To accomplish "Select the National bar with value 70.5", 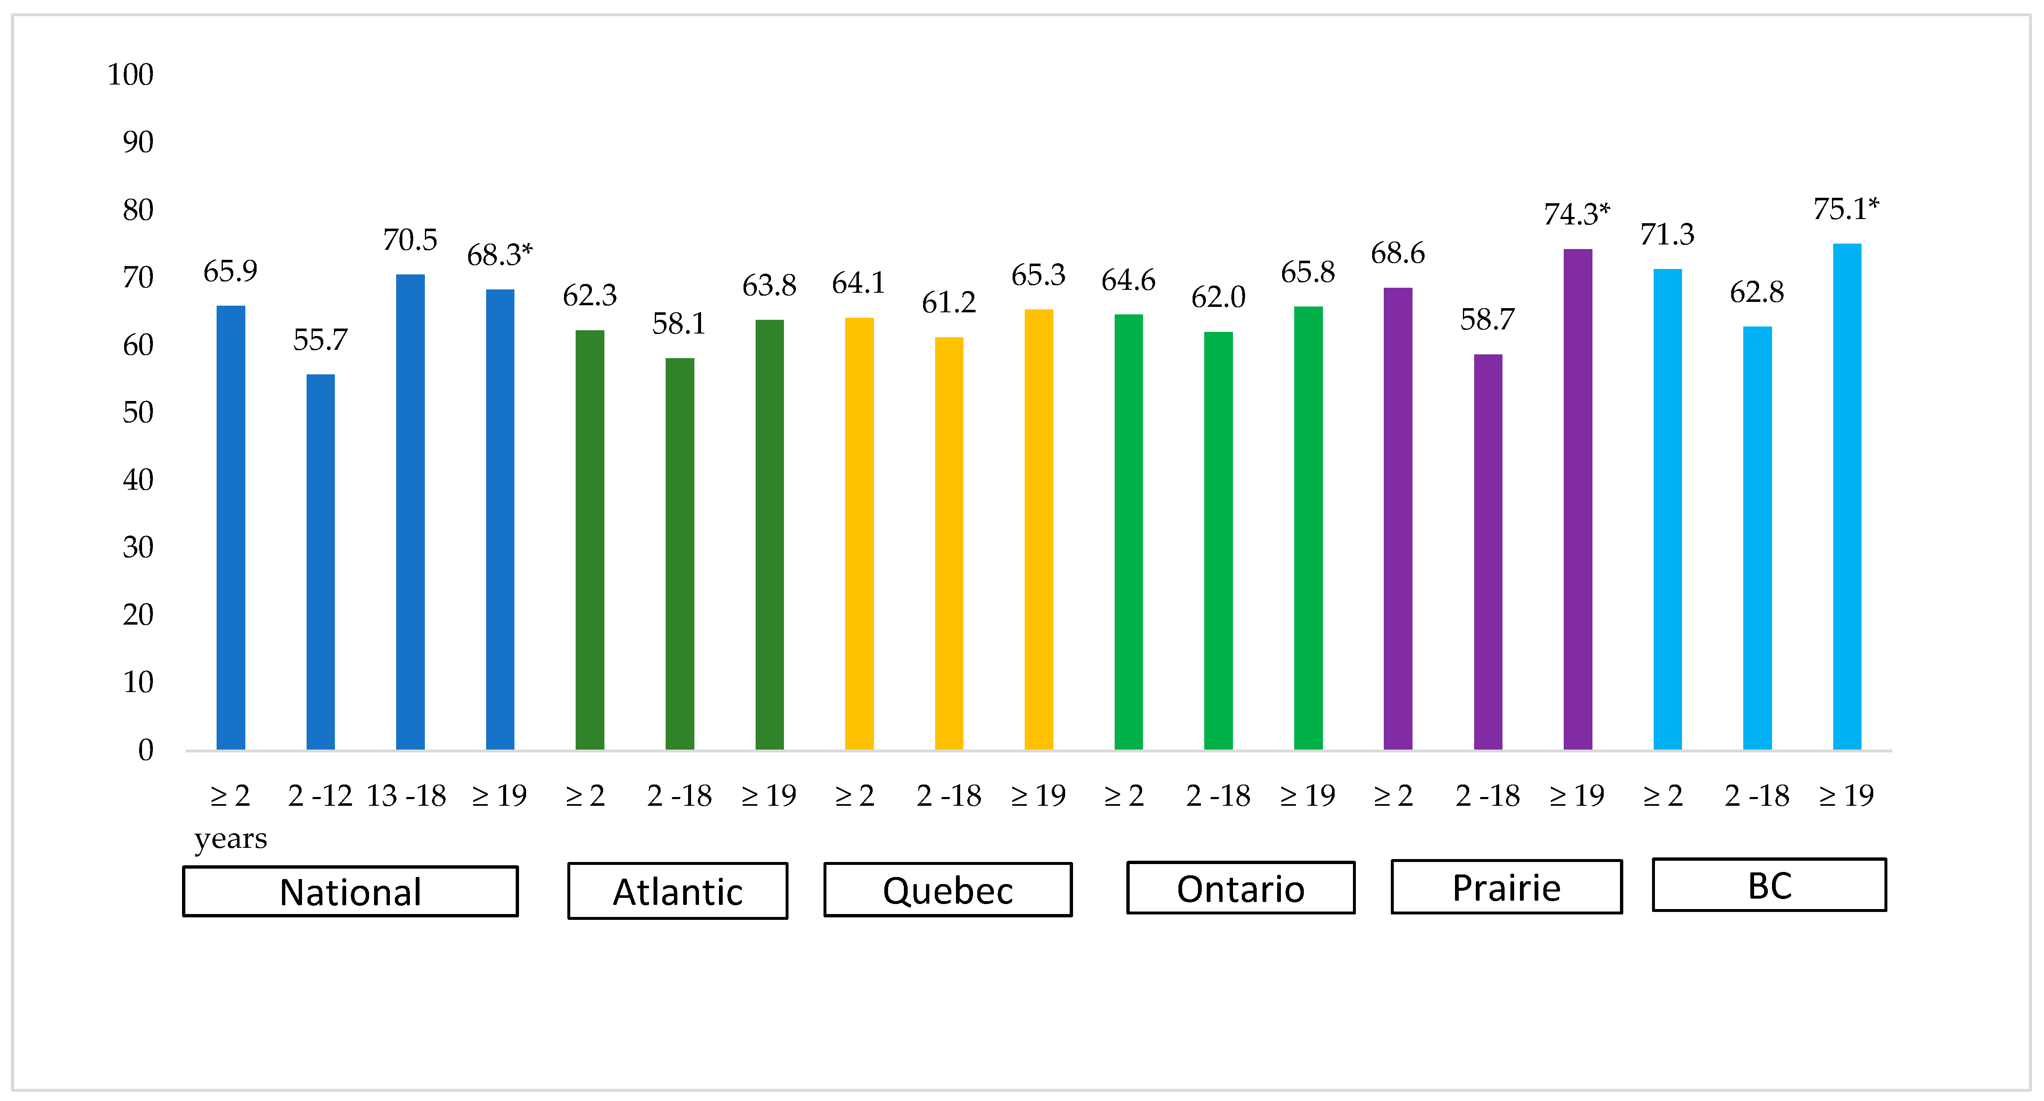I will [410, 512].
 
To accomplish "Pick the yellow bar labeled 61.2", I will [949, 543].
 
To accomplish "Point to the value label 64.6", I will [1128, 280].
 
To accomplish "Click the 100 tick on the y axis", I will [130, 75].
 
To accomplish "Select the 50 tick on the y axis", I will [137, 413].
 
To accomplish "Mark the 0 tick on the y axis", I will [145, 750].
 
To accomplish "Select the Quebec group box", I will [948, 890].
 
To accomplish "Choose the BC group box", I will [1769, 885].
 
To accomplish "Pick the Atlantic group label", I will [678, 892].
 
